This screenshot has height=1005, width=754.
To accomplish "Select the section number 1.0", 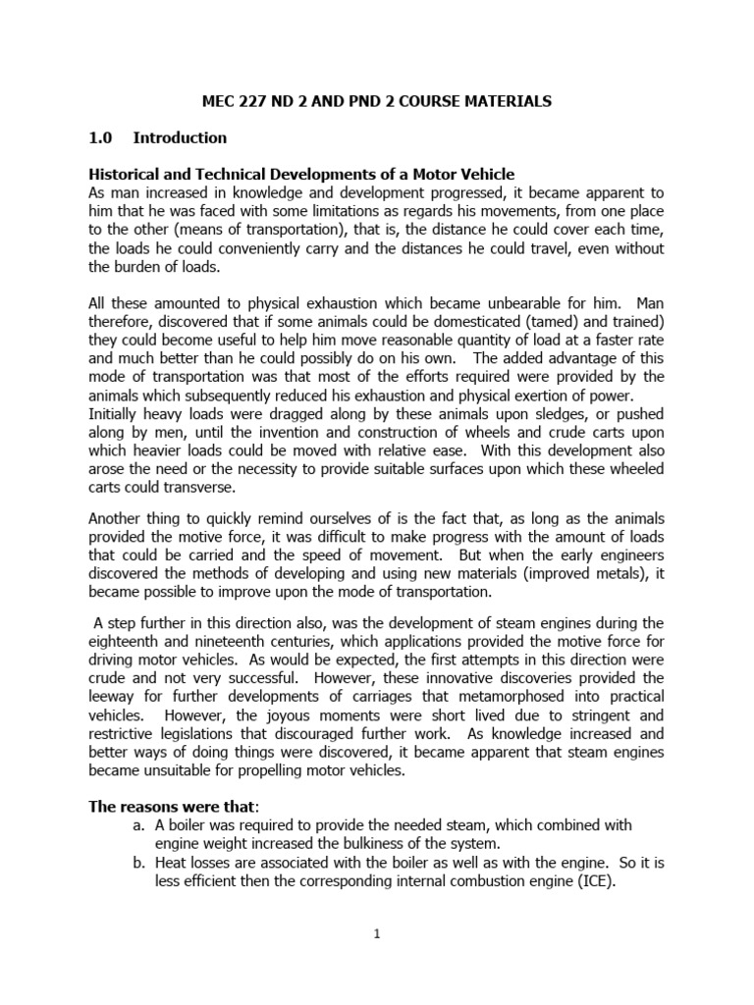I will click(102, 137).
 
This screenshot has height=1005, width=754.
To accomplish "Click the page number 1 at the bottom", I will click(376, 933).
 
